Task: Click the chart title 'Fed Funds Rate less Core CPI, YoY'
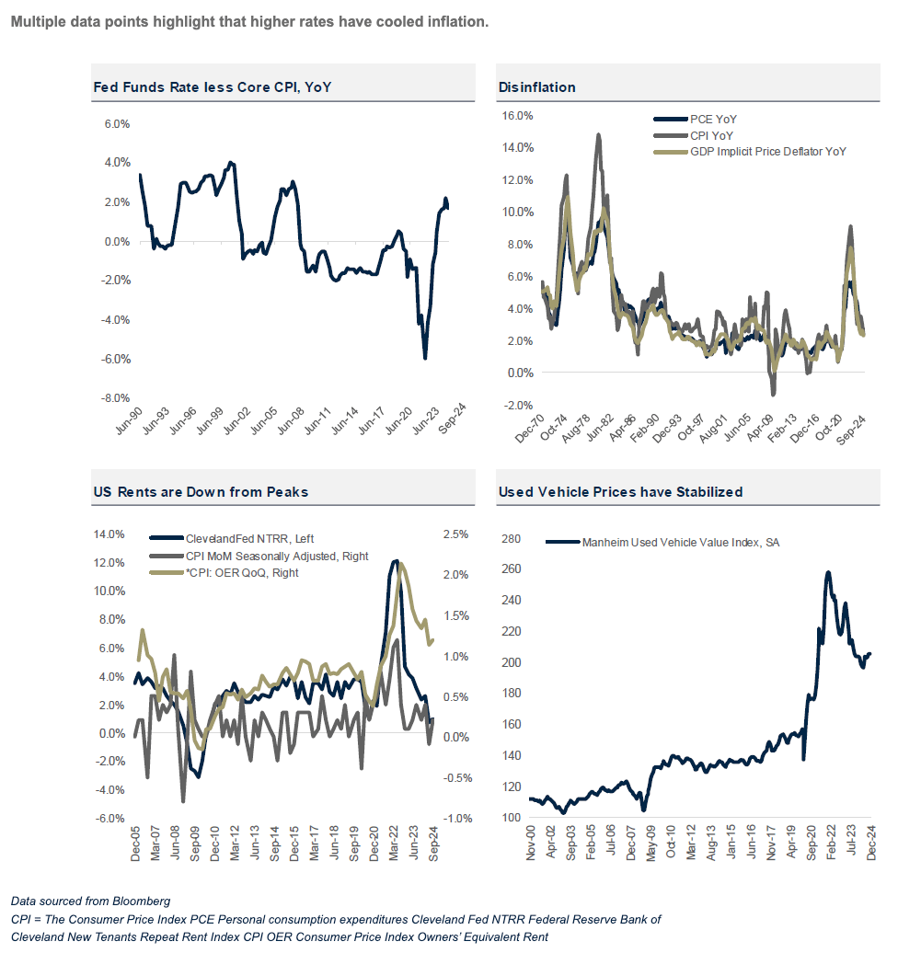(x=213, y=87)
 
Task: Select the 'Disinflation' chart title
(x=536, y=87)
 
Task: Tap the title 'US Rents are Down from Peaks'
(x=201, y=492)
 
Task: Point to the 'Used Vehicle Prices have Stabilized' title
(x=620, y=492)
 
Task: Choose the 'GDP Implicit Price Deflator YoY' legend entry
(x=767, y=151)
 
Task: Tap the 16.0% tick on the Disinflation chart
(x=515, y=116)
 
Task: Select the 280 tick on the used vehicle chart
(x=510, y=539)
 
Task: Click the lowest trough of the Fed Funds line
(x=425, y=358)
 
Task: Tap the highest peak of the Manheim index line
(x=828, y=572)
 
